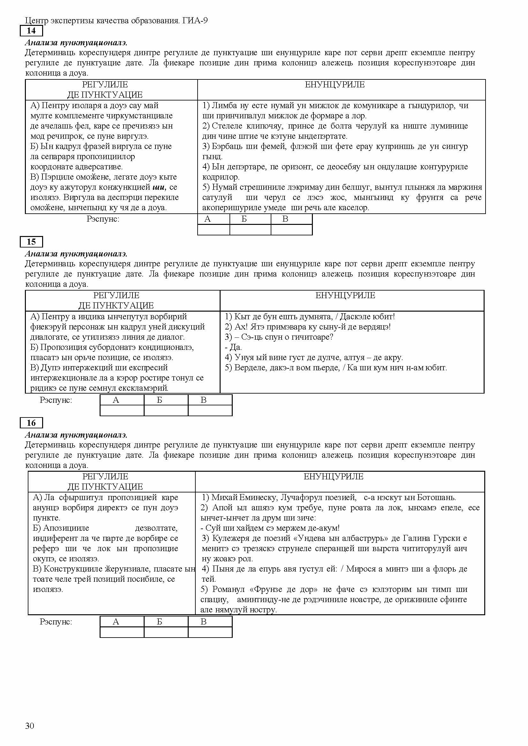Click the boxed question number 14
(31, 31)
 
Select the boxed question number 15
(31, 242)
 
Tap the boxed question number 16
(31, 423)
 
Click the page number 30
(30, 726)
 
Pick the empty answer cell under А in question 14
(213, 230)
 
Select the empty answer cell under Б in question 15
(166, 411)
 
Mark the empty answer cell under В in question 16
(210, 632)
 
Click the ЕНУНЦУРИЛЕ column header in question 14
(335, 85)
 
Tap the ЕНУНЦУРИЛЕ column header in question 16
(333, 476)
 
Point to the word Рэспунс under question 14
(103, 219)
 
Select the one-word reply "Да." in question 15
(235, 347)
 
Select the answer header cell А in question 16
(116, 622)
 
